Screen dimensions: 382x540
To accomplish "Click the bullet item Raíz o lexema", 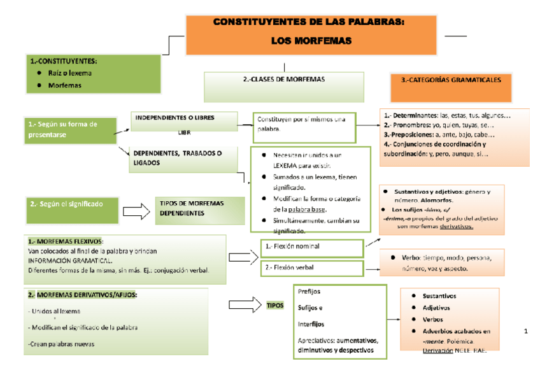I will [70, 73].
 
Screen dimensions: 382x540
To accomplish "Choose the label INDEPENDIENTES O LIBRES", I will [174, 118].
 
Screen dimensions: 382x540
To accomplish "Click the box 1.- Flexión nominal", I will [311, 246].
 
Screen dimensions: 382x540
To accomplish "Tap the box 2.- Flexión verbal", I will [311, 268].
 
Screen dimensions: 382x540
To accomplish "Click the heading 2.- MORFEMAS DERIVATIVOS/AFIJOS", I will [82, 295].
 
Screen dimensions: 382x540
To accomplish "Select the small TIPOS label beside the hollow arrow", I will [274, 306].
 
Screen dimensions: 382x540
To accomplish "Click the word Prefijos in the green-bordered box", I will [309, 292].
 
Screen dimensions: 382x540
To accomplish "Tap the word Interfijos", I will [311, 324].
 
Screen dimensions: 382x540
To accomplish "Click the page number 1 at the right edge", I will [525, 331].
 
